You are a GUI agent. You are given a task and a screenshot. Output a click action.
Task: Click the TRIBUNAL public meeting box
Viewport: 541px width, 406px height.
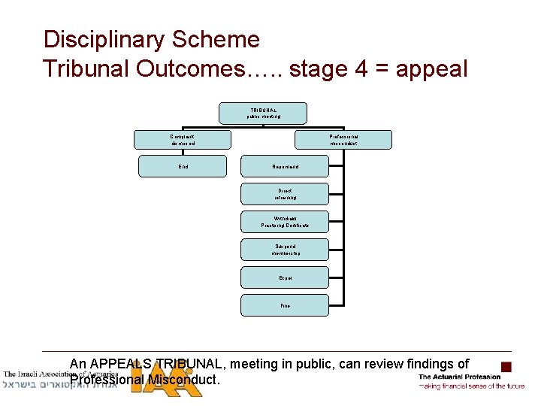(x=263, y=113)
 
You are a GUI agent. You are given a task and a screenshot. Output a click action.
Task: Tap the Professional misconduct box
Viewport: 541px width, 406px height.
(x=344, y=139)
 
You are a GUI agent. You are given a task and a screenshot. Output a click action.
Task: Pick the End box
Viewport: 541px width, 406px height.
(x=183, y=166)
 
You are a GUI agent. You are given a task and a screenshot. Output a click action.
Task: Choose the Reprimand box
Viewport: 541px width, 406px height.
(x=285, y=166)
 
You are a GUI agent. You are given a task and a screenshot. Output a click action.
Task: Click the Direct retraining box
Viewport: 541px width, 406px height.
(x=285, y=194)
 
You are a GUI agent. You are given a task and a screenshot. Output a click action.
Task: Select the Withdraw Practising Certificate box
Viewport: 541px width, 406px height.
(x=285, y=222)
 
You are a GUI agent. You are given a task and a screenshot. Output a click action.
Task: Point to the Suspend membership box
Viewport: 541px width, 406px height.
(x=285, y=250)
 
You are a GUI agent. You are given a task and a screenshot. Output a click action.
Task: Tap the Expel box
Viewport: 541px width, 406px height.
(x=285, y=277)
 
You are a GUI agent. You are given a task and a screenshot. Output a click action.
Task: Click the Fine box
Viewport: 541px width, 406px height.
(x=285, y=305)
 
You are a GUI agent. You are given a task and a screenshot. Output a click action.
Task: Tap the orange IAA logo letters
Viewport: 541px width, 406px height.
(x=165, y=380)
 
